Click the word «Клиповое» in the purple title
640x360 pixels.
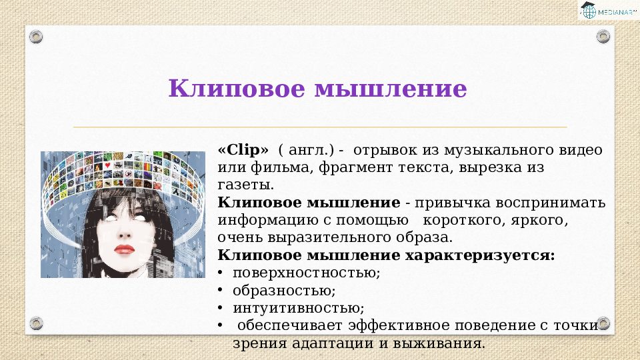coord(237,89)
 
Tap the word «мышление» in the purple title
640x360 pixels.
coord(391,89)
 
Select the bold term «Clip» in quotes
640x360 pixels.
coord(243,151)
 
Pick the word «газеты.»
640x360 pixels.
coord(246,185)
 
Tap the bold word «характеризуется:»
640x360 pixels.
coord(480,255)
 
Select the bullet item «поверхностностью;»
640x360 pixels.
coord(307,273)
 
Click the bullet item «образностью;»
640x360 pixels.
coord(284,291)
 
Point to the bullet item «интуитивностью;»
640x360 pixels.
coord(299,308)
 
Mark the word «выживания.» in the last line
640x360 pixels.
coord(439,343)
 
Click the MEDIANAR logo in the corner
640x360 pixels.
coord(609,10)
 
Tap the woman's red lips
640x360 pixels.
coord(124,249)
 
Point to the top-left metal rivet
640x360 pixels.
coord(36,37)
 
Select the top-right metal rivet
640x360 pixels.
coord(603,37)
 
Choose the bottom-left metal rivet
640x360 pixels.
coord(36,323)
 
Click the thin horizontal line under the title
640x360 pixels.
coord(320,127)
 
